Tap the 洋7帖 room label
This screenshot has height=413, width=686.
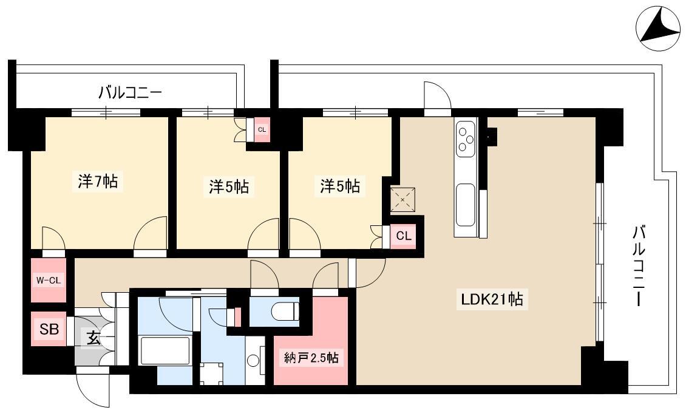pos(98,181)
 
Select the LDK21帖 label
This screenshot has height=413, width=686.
pos(492,299)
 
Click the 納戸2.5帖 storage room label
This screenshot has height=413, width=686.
pos(311,358)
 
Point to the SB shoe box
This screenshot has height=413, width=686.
pos(49,329)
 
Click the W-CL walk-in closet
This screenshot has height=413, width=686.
pos(49,281)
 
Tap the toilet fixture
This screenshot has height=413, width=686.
pos(285,312)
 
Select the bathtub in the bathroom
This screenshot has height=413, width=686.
pos(165,350)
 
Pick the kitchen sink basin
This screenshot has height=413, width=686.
pos(465,204)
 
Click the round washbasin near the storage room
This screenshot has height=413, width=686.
pos(253,361)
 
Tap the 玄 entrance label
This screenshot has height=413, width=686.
pos(93,338)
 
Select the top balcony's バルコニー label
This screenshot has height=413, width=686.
pos(130,93)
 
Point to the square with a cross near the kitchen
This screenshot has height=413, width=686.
pos(402,200)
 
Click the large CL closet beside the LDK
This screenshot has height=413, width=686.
pos(403,236)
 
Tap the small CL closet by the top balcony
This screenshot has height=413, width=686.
pos(262,129)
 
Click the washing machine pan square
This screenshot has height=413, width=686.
pos(211,374)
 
